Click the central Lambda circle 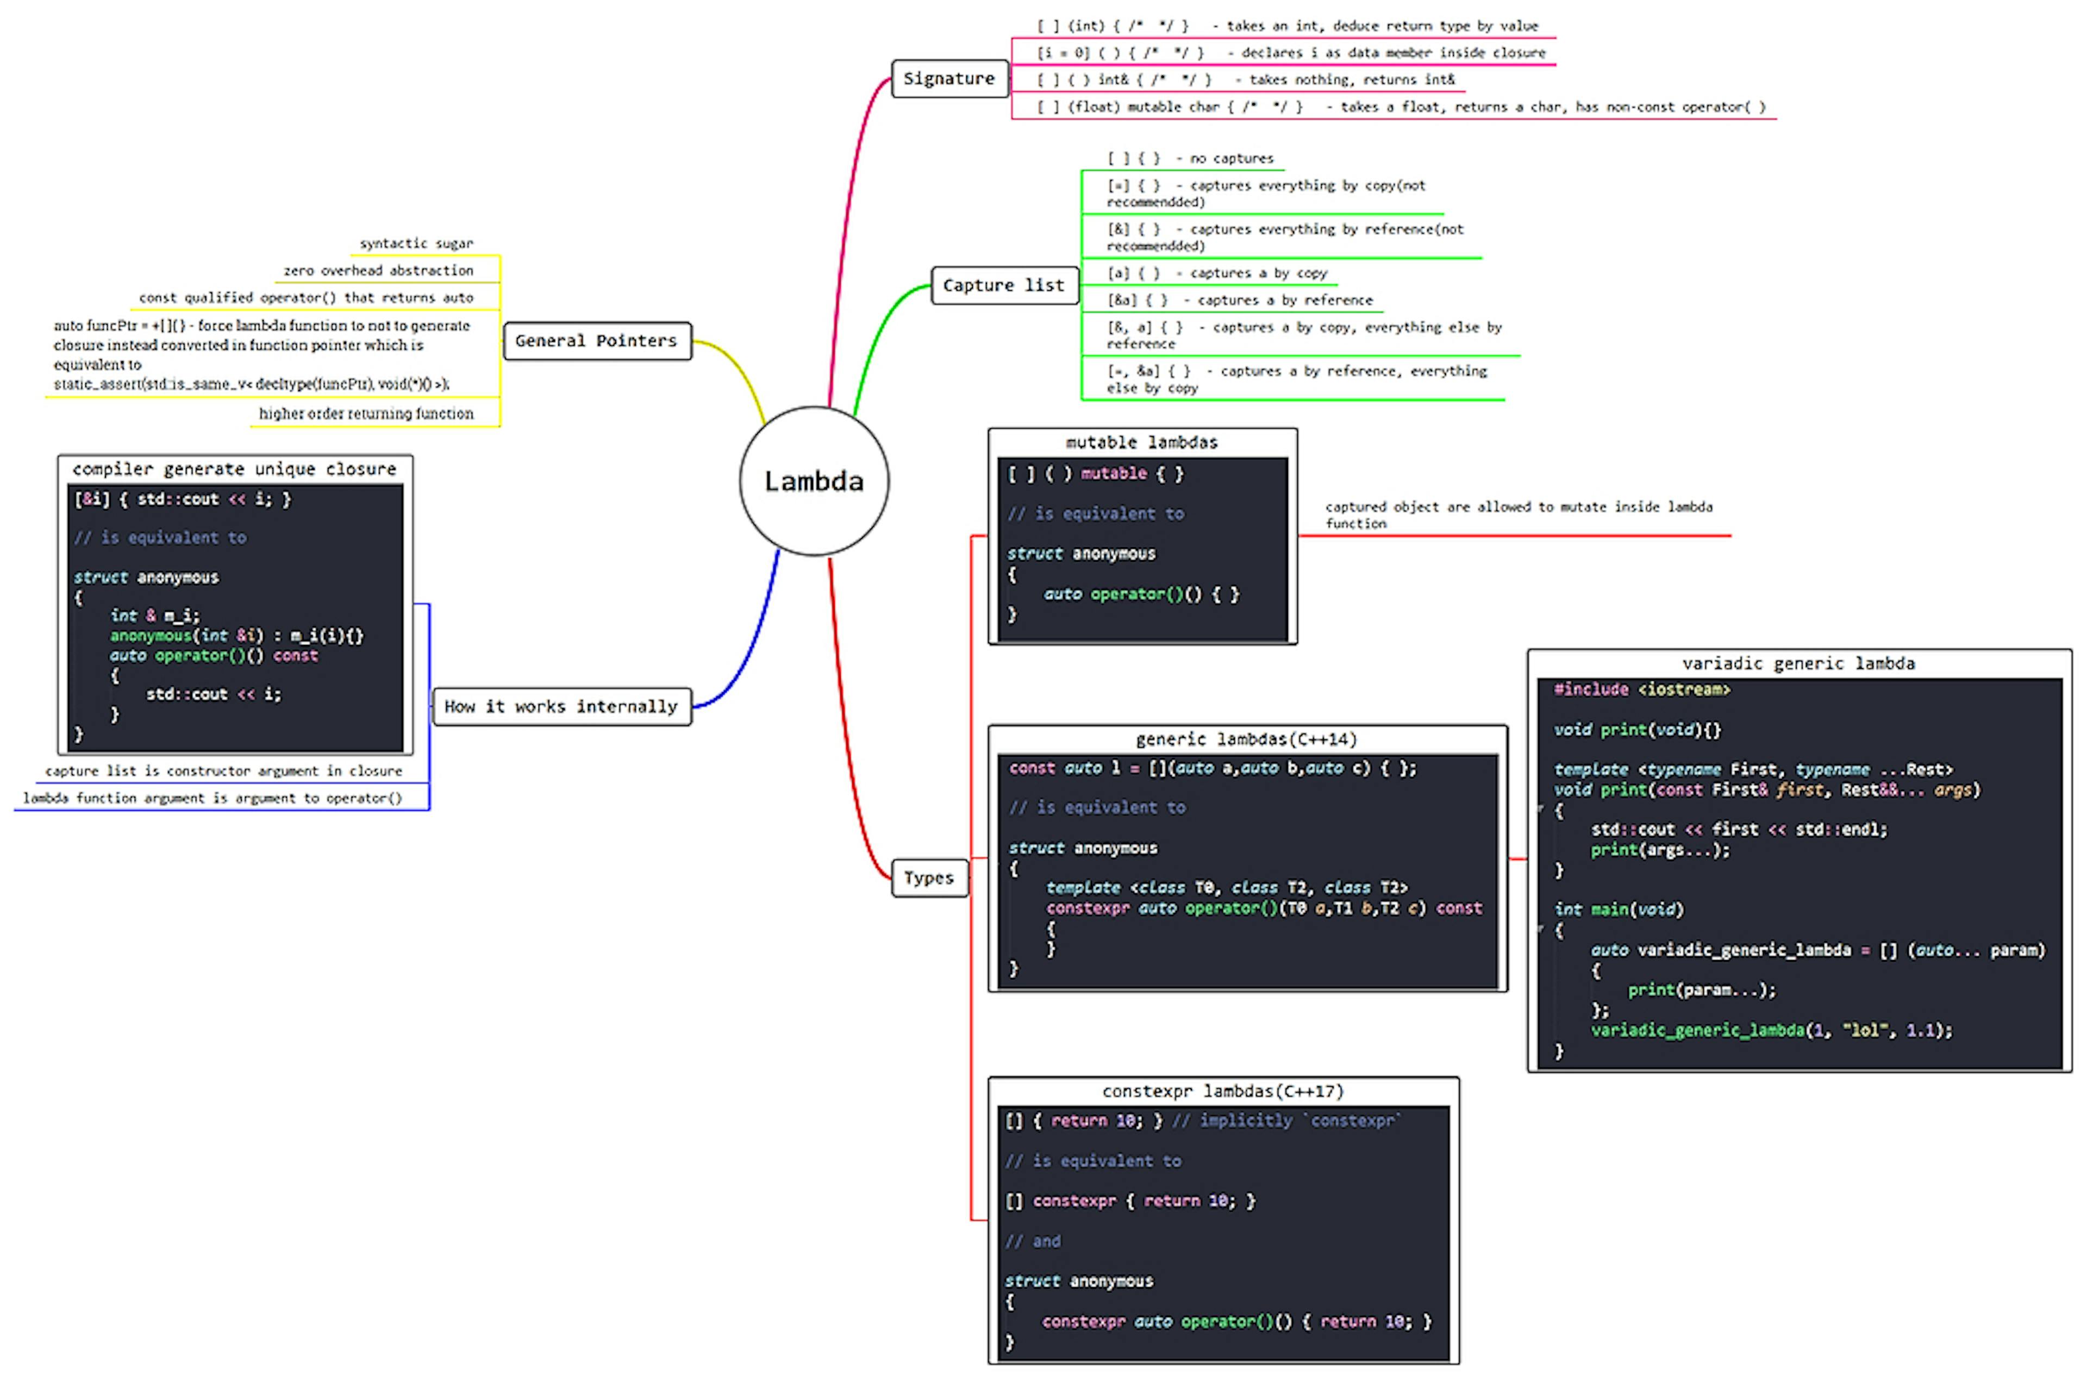(814, 481)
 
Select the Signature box (949, 78)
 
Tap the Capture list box (1003, 285)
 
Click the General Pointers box (596, 340)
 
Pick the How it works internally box (561, 706)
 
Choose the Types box (929, 877)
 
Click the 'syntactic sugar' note (416, 243)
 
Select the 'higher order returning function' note (366, 413)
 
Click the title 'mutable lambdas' (1141, 442)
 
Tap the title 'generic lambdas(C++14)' (1246, 739)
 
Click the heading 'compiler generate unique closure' (234, 469)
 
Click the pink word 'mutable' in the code (1114, 474)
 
